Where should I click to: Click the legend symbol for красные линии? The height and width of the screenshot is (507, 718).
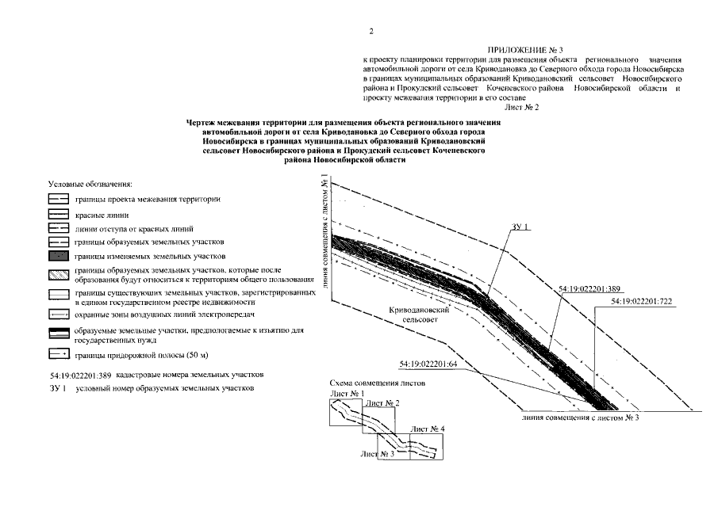click(59, 215)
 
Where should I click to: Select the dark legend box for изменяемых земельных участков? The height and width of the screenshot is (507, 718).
click(59, 257)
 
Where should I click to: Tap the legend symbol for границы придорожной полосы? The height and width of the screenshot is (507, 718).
click(59, 354)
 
